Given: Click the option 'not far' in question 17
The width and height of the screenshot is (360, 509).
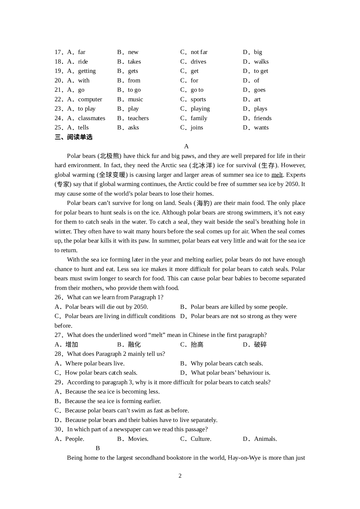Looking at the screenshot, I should tap(199, 52).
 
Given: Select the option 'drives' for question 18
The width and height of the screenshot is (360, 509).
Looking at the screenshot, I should tap(198, 62).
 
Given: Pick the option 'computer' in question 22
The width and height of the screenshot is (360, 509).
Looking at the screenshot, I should tap(90, 100).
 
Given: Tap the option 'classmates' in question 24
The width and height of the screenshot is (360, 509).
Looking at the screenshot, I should tap(91, 118).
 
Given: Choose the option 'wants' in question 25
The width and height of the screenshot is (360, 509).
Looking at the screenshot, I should tap(261, 128).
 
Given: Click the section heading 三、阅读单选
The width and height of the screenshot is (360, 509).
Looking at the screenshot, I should tap(73, 137).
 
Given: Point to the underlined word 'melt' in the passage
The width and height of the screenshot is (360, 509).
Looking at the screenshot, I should tap(277, 175).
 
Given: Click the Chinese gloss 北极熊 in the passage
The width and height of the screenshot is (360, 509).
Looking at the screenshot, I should tap(110, 156).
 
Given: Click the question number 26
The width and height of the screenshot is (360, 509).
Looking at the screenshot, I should tap(58, 297).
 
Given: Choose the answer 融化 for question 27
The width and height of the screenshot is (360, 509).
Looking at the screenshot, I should tap(134, 345).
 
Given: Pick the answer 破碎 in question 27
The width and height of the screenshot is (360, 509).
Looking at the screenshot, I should tap(260, 345).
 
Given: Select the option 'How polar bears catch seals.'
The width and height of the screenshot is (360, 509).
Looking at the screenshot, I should tap(101, 373).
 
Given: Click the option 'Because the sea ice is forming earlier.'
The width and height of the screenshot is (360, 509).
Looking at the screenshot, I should tap(113, 401).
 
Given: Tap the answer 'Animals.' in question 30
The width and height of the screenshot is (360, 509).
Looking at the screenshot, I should tap(265, 439).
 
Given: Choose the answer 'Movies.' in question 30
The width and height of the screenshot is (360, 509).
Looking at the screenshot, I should tap(138, 439).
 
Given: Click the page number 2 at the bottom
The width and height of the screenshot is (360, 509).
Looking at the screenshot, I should tap(180, 476).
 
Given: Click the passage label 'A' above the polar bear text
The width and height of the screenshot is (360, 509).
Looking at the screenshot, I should tap(186, 147).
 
